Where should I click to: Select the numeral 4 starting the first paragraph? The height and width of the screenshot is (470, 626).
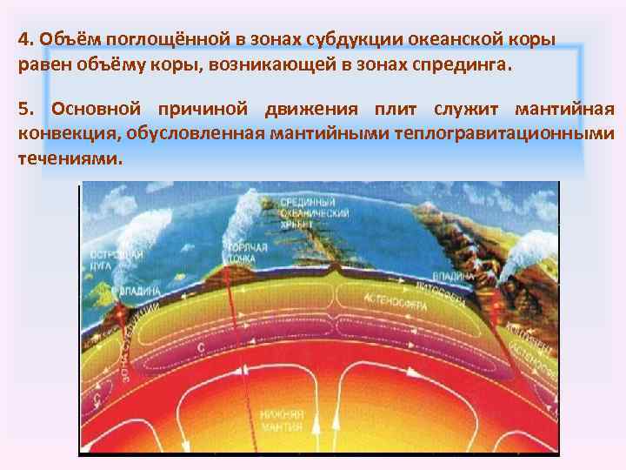23,42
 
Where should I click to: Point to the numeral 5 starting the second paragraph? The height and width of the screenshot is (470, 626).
23,110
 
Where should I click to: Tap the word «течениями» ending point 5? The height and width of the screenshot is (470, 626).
67,159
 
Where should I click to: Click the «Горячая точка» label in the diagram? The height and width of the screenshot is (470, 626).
247,253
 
